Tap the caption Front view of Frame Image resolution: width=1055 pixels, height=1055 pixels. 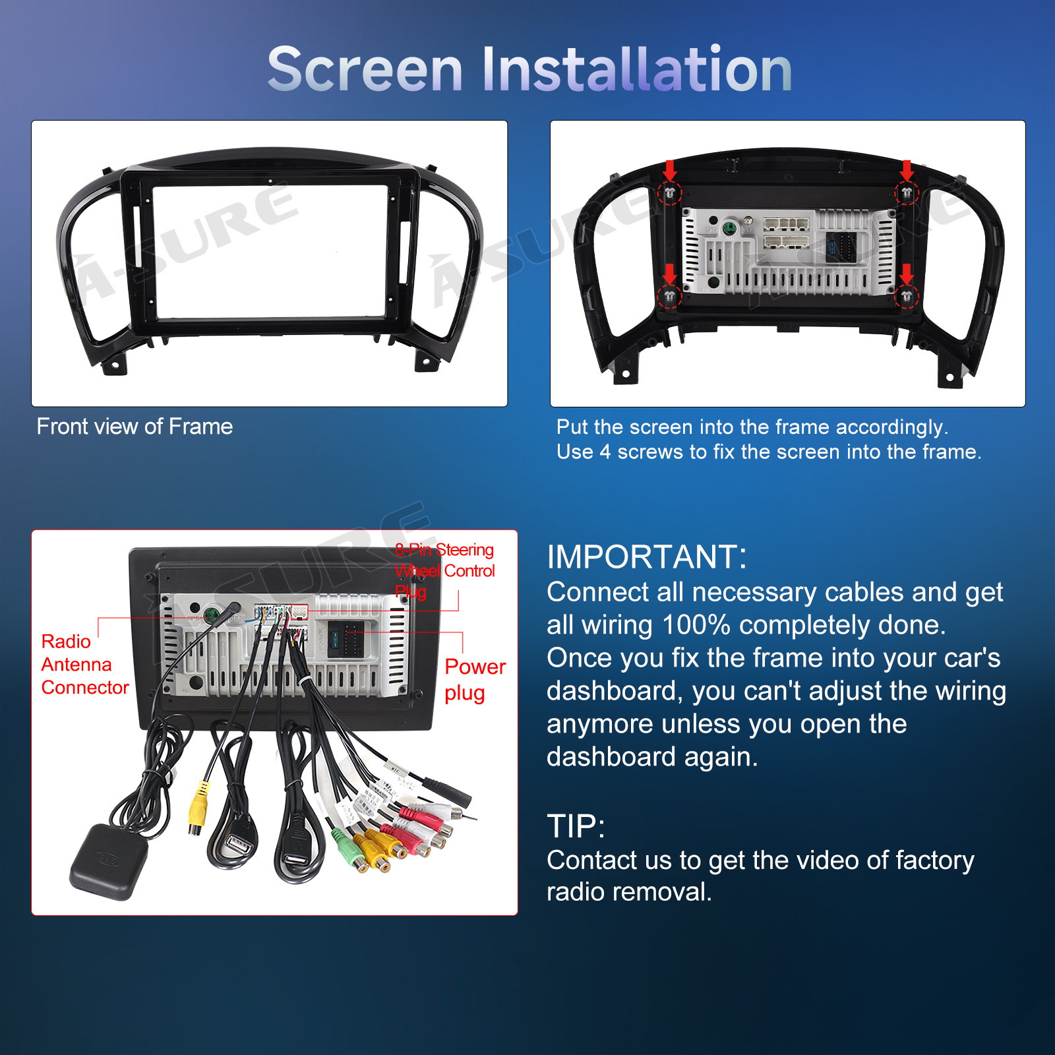135,427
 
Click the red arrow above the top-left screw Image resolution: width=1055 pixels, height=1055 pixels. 669,170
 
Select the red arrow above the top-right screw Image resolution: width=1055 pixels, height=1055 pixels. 907,170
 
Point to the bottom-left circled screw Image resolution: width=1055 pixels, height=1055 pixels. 669,296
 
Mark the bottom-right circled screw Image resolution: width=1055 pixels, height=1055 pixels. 907,296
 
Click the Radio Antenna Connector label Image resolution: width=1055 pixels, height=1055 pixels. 84,665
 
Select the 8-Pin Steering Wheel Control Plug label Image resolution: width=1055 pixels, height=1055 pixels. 444,570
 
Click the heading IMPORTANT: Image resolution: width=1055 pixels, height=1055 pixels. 647,557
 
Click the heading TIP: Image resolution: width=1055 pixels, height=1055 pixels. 576,826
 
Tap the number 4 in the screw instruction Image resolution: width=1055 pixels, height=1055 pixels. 605,452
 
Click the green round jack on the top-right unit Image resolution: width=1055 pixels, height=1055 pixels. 730,228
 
